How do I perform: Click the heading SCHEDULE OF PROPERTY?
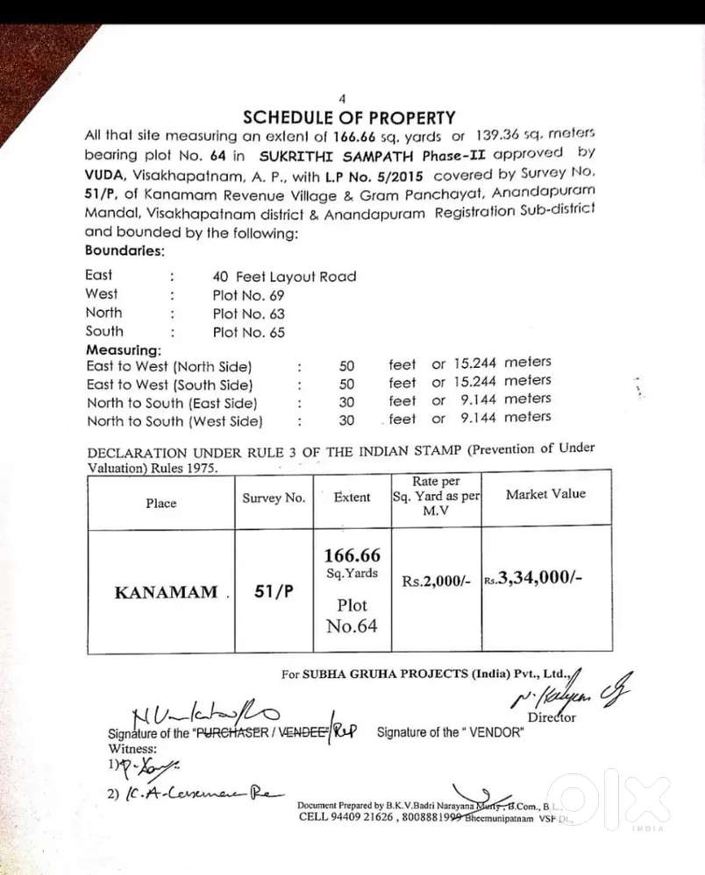(349, 117)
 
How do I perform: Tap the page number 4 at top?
(342, 99)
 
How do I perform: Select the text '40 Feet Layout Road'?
(284, 277)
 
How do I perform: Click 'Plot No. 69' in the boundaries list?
(248, 295)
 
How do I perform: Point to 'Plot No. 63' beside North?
(248, 314)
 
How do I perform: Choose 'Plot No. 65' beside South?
(248, 332)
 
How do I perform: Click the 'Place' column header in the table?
(160, 504)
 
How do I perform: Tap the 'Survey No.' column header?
(274, 498)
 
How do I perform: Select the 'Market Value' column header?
(545, 495)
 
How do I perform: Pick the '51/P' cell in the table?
(274, 591)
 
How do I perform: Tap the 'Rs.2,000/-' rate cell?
(436, 581)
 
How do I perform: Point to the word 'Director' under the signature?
(552, 717)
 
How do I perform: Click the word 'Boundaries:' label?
(125, 251)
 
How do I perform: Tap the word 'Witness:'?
(132, 749)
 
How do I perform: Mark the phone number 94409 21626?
(367, 816)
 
